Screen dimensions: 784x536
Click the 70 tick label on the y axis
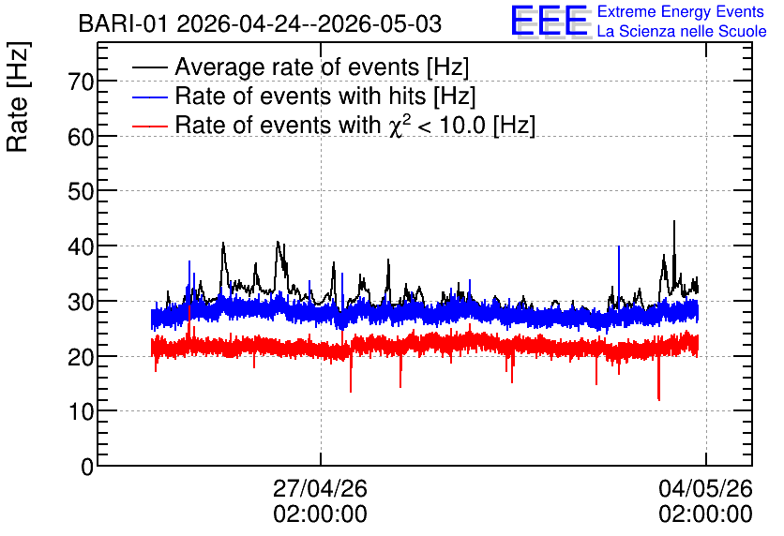(81, 82)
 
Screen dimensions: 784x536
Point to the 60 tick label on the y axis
(81, 137)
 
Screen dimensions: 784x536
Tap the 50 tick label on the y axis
(81, 192)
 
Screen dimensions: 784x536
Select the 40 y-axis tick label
(81, 246)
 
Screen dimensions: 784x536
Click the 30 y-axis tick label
(81, 302)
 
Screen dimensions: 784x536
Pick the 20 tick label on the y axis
(81, 357)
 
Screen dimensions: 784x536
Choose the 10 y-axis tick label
(81, 411)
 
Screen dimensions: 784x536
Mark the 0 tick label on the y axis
(87, 467)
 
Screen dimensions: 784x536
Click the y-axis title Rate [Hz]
(18, 97)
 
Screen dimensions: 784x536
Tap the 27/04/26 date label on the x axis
(320, 488)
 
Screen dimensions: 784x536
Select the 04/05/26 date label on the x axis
(705, 488)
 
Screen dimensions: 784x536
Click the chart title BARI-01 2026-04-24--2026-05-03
(260, 24)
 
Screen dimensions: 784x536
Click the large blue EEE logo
(550, 21)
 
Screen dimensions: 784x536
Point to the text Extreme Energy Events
(681, 11)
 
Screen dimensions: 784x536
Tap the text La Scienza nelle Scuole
(682, 32)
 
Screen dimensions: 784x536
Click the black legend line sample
(149, 67)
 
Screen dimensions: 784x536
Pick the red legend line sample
(149, 126)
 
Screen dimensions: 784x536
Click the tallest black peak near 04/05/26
(674, 222)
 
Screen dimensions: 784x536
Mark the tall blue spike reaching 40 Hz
(619, 246)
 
